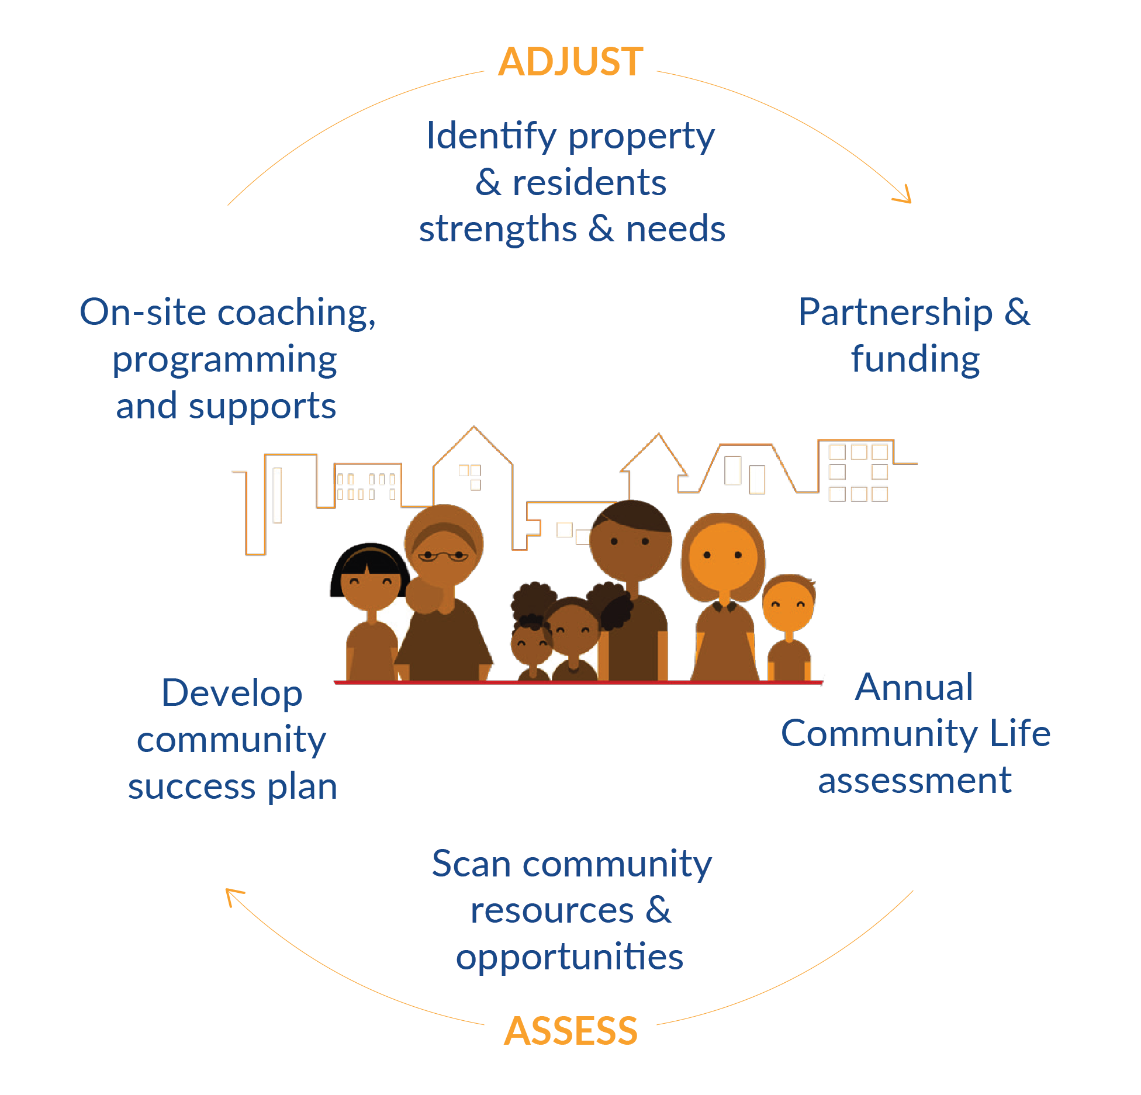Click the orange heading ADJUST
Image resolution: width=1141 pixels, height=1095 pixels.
coord(570,61)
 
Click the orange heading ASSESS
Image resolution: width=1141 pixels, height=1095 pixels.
coord(570,1031)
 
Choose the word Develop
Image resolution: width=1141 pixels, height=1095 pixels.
coord(232,694)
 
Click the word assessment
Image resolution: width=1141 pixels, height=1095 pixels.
coord(915,781)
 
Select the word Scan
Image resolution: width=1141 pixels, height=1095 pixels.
coord(471,864)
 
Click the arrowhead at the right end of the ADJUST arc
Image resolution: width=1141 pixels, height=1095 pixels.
coord(903,195)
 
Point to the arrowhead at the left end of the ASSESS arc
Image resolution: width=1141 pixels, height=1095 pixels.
coord(234,897)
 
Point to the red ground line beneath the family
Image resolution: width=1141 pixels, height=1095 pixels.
coord(579,682)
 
